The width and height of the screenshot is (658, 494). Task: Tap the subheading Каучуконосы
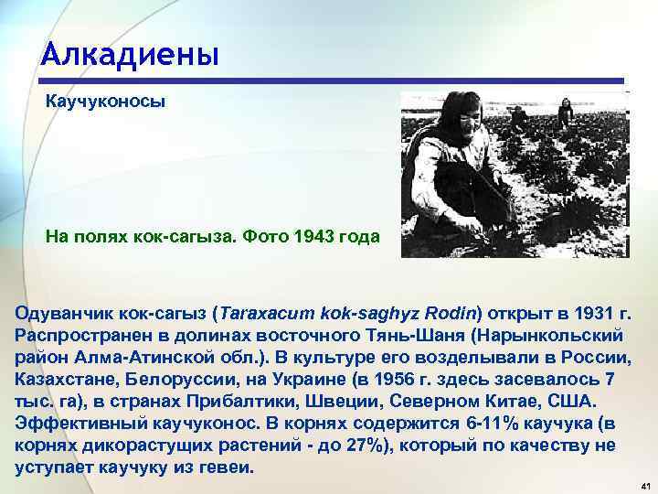[105, 102]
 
